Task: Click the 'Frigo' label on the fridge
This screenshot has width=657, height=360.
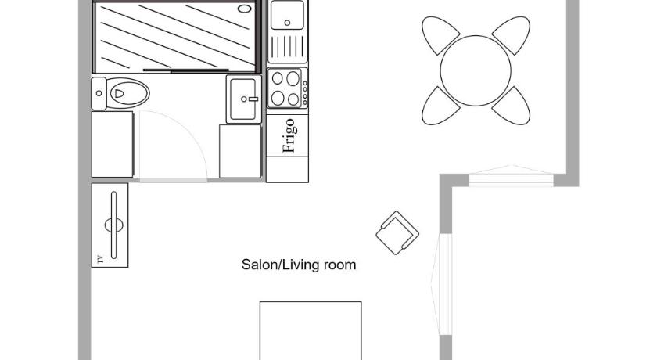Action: pos(289,135)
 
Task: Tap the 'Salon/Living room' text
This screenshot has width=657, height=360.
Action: pos(299,265)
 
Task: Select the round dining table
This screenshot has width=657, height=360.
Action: pos(476,70)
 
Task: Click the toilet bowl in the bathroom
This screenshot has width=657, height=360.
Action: pos(128,93)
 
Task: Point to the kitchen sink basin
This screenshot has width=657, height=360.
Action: pos(287,15)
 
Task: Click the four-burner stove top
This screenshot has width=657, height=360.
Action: pos(287,88)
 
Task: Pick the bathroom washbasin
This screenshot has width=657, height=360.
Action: pos(243,99)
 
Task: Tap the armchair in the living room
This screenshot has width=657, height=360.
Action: pos(397,233)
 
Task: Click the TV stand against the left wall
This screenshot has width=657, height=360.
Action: pos(109,225)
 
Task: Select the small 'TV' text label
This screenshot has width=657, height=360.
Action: pos(99,258)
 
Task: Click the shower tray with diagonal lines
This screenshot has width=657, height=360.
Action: pos(175,37)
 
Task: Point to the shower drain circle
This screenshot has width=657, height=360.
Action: pos(244,9)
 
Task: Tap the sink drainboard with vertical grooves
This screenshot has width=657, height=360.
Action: pos(287,46)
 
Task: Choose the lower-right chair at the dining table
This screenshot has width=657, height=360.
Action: pos(512,106)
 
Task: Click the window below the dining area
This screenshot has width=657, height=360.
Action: pos(512,176)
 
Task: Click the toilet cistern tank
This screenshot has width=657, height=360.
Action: pos(99,93)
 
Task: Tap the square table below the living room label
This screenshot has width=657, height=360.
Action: pos(311,331)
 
